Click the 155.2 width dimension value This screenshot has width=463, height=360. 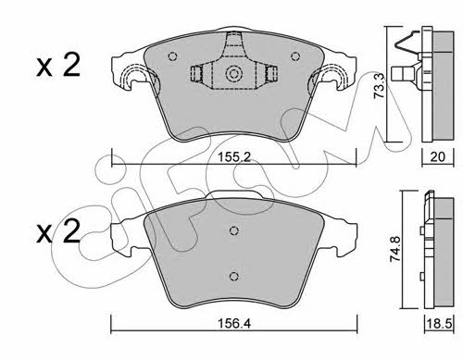pos(233,157)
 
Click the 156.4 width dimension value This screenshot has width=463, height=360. pos(234,324)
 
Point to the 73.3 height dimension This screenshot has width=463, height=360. pos(379,86)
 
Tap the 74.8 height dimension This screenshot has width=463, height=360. pos(394,249)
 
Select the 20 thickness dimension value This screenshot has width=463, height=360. pos(437,157)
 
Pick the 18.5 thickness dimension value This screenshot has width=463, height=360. pos(439,324)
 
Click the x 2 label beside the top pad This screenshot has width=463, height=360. pos(58,65)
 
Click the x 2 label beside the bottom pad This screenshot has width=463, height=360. pos(58,231)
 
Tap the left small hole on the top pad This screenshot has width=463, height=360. pos(172,56)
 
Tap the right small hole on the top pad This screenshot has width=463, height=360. pos(295,56)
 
